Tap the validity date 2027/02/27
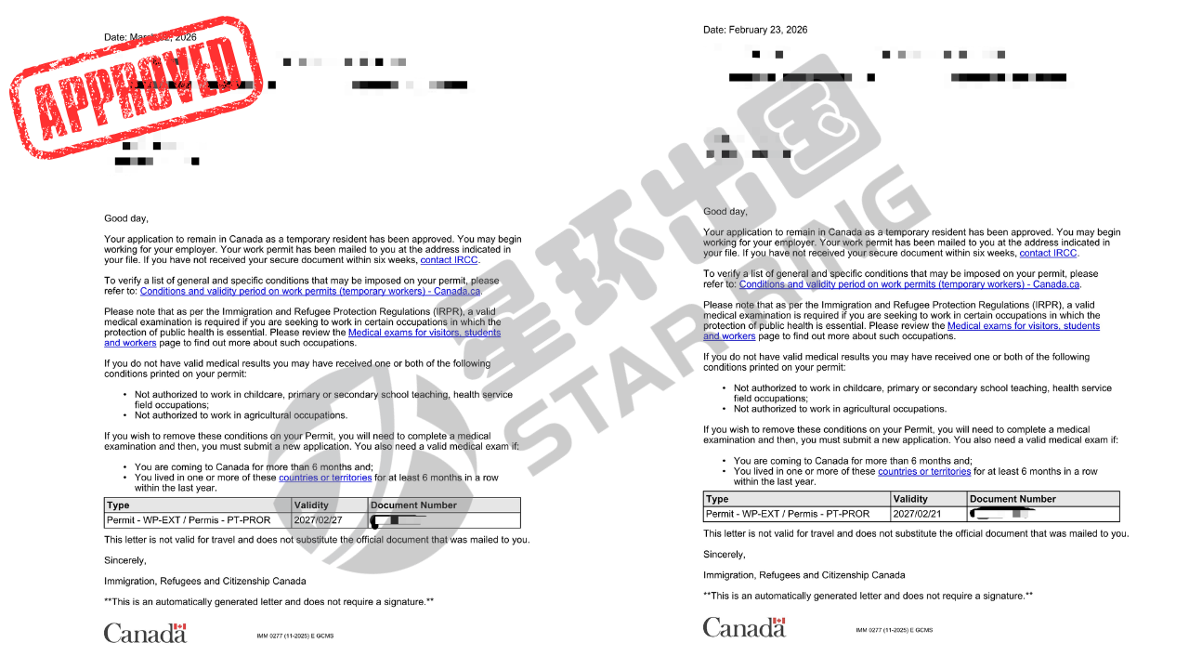click(318, 520)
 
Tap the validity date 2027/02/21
click(918, 514)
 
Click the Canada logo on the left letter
click(145, 633)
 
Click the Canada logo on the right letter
click(744, 627)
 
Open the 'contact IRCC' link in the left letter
click(450, 260)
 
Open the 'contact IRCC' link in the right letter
click(1048, 253)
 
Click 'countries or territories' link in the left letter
click(325, 478)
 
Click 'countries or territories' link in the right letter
click(924, 471)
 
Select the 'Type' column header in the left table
click(119, 505)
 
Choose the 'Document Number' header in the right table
click(1013, 499)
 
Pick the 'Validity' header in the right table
click(910, 499)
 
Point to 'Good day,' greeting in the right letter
click(725, 212)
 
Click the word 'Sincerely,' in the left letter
click(124, 560)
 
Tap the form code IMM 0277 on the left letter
click(294, 636)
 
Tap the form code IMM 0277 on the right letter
click(894, 630)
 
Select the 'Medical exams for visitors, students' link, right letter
click(1024, 326)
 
